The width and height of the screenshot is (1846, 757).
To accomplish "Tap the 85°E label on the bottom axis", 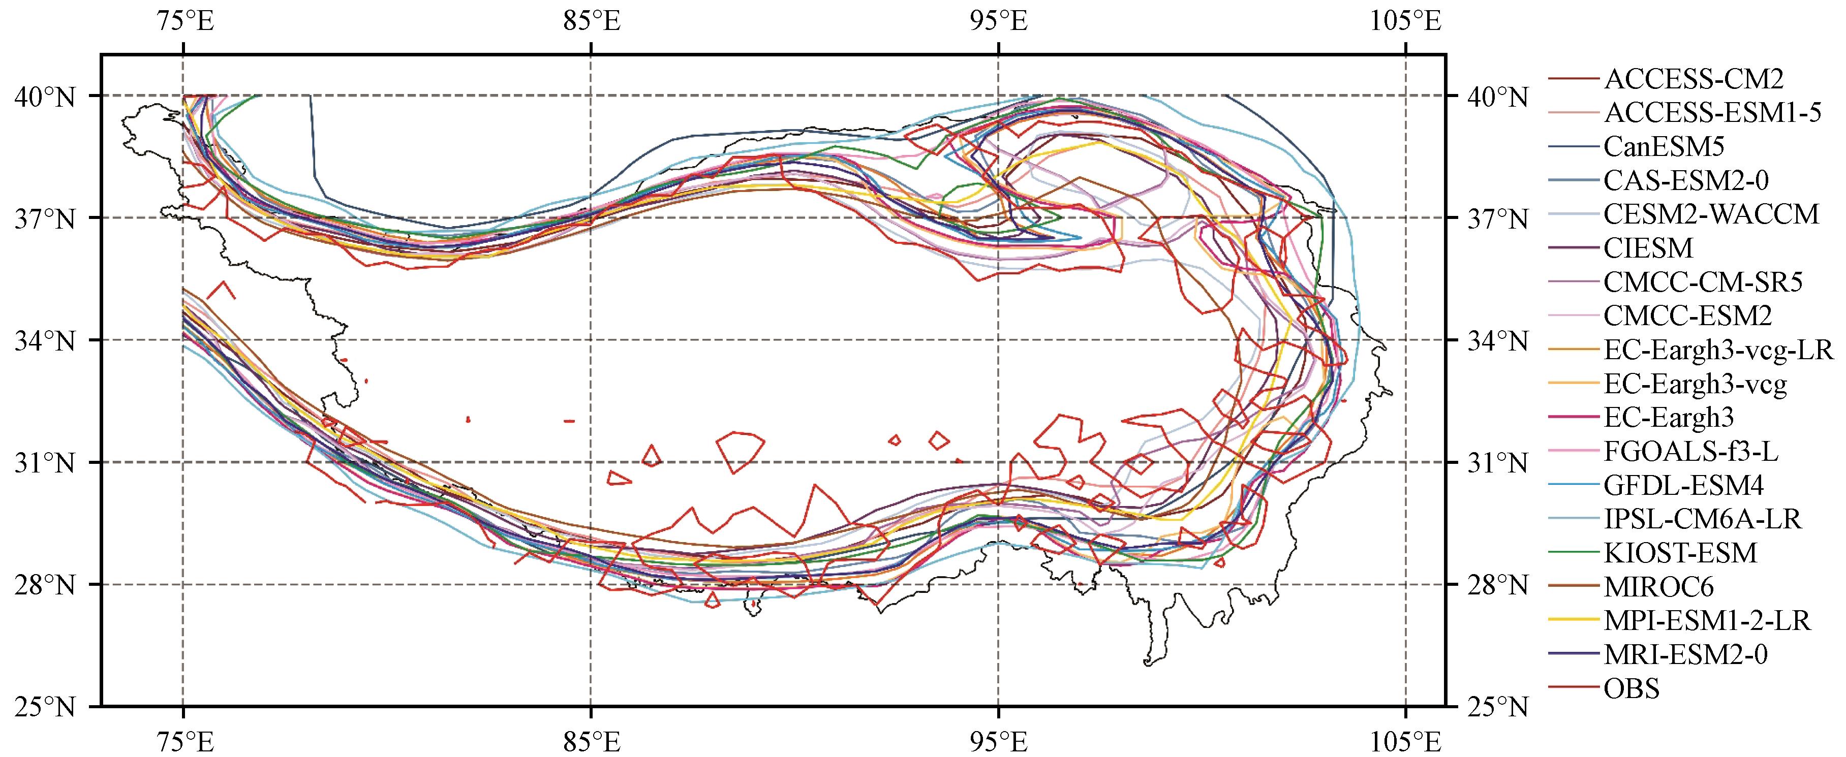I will point(591,738).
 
